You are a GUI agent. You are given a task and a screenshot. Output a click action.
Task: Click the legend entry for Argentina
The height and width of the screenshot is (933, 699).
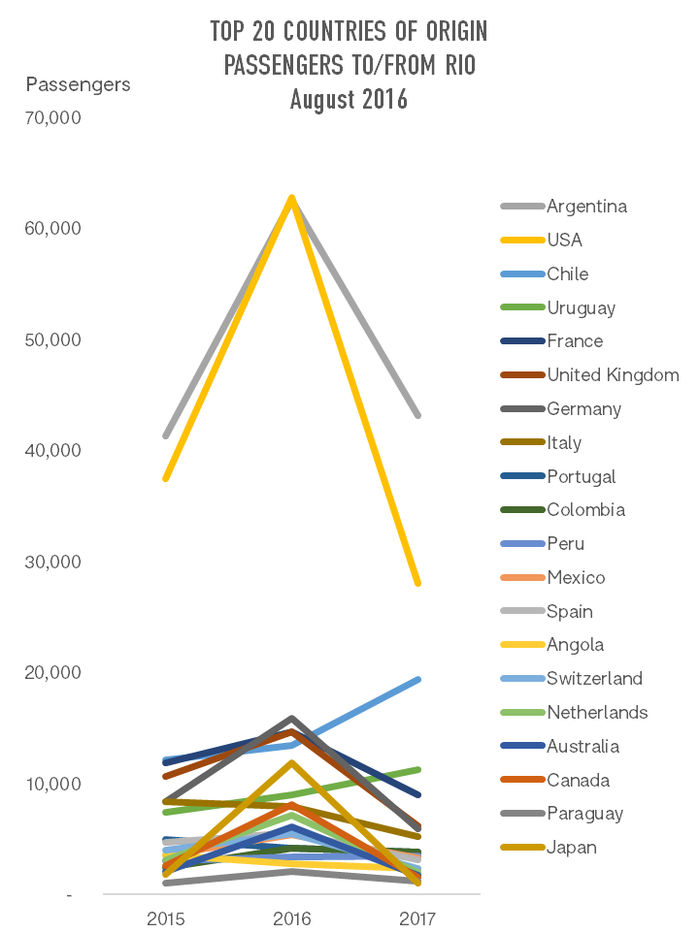[586, 207]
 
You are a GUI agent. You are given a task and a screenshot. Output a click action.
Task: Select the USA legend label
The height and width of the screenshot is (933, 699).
[564, 241]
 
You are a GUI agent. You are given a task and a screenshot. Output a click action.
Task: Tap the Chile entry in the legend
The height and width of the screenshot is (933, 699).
[567, 274]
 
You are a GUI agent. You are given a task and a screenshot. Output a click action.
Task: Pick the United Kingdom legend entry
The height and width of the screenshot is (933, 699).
[613, 375]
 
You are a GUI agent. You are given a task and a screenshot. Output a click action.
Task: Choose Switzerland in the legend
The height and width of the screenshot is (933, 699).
[594, 679]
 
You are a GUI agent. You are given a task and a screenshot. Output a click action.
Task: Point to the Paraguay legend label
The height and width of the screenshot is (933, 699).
[584, 814]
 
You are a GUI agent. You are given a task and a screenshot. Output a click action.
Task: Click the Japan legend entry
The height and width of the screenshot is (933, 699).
[571, 848]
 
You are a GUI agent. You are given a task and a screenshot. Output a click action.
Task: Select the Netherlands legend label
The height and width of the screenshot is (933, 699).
[597, 713]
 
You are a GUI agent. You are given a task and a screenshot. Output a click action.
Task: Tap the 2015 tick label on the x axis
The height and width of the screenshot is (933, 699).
[166, 918]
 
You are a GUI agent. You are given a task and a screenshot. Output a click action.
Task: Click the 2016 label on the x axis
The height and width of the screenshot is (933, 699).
[292, 918]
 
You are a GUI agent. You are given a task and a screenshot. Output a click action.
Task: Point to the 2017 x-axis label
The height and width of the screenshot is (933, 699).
[417, 918]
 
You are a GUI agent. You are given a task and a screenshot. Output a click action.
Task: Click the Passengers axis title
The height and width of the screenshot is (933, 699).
[78, 84]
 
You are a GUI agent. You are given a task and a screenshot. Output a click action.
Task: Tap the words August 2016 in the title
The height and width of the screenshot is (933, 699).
[349, 99]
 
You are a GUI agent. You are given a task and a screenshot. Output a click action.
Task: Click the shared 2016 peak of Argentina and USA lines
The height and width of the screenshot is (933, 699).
[292, 198]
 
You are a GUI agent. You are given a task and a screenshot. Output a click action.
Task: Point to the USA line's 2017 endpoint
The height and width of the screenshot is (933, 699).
[417, 583]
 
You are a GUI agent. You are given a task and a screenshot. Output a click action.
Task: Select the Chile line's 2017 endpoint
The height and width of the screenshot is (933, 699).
[417, 680]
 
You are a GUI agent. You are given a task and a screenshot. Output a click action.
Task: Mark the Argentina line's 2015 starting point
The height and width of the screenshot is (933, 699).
[166, 435]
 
